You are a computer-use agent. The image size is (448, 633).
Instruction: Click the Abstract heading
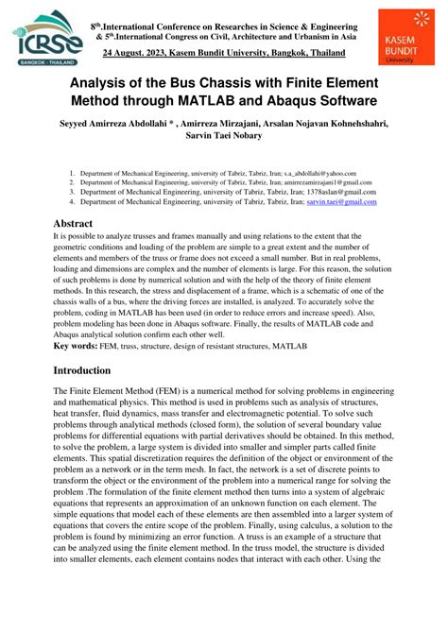(x=78, y=224)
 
